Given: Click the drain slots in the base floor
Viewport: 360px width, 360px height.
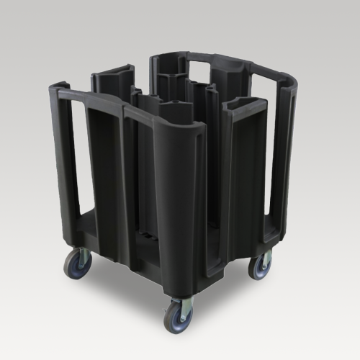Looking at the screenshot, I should [x=146, y=235].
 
